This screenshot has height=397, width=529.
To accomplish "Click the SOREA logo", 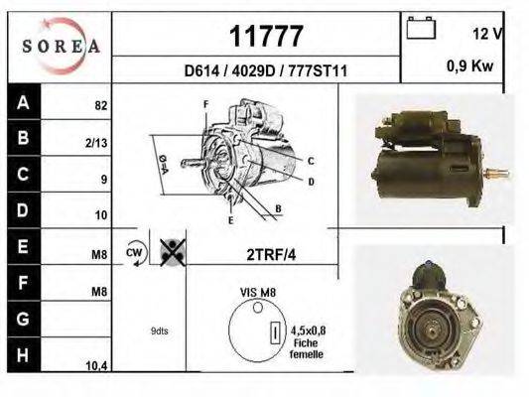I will (x=61, y=45).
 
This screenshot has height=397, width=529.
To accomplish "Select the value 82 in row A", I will (x=100, y=104).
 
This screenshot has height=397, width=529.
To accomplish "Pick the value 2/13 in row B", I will (x=96, y=142).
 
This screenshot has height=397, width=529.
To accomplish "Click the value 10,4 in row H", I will (x=96, y=366).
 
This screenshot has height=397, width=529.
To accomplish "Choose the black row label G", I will (x=23, y=319).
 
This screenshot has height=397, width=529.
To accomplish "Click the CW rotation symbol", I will (x=135, y=253).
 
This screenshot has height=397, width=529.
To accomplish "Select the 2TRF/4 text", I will (x=271, y=253).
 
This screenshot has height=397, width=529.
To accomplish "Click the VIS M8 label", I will (x=257, y=294).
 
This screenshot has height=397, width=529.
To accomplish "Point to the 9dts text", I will (x=161, y=331).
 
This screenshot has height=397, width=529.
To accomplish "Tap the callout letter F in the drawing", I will (x=205, y=104).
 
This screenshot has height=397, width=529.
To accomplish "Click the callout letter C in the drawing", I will (x=311, y=161).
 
